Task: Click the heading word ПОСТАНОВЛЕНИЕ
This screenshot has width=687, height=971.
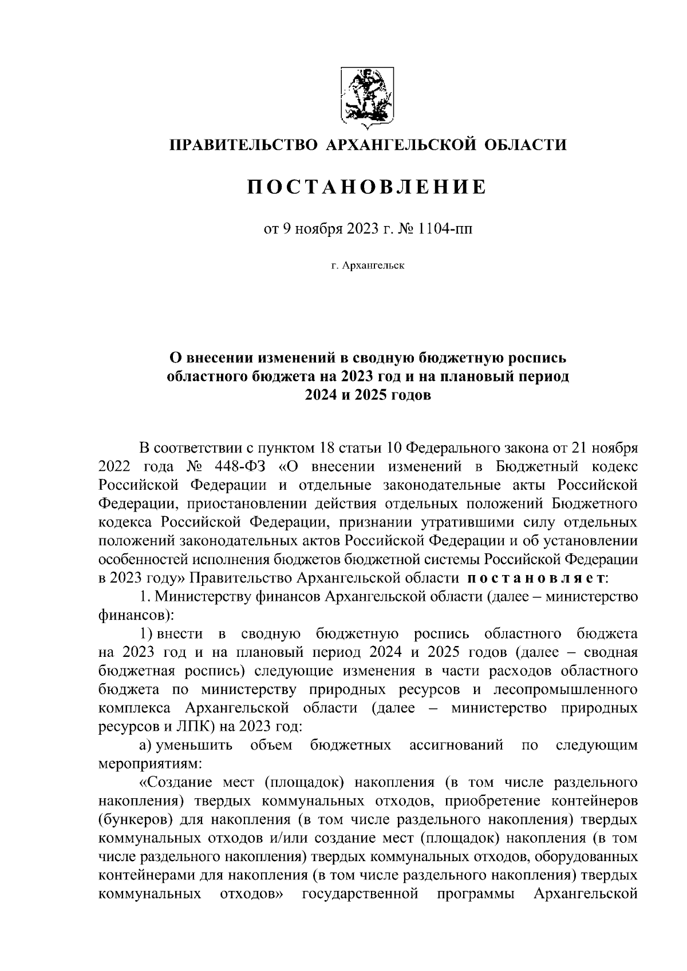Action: point(366,187)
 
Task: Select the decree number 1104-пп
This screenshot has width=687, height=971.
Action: point(447,229)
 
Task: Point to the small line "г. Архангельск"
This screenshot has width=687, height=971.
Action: point(367,265)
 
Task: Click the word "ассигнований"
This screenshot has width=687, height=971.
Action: point(457,746)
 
